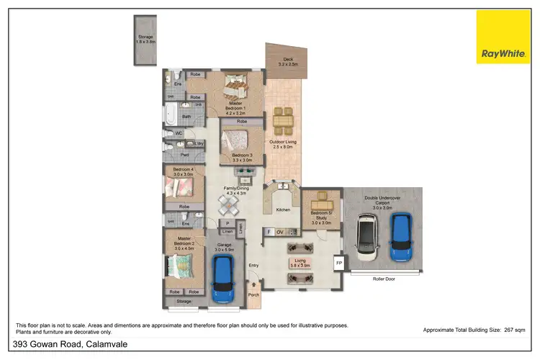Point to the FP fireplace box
[x=338, y=264]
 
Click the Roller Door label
[x=385, y=278]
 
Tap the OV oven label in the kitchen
[x=280, y=232]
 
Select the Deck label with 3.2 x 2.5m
[x=288, y=62]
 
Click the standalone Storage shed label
[x=145, y=39]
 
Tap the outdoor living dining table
[x=282, y=120]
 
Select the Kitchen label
[x=284, y=210]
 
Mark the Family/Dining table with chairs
[x=228, y=206]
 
